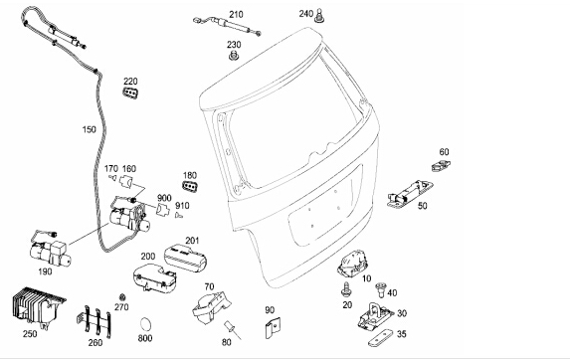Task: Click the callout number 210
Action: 236,15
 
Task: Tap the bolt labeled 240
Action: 319,16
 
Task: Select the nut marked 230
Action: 234,56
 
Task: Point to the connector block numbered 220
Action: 130,92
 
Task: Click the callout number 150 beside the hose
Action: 90,129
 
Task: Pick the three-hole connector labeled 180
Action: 190,186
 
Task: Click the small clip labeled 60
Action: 441,166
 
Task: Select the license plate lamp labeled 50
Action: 410,194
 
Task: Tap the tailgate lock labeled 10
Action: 352,264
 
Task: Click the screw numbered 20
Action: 346,289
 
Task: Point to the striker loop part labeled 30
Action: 375,315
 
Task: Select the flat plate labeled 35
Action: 381,338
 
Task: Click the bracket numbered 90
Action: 273,327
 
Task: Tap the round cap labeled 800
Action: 146,324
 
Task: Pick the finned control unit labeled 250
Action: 39,307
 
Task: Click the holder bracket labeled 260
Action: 95,320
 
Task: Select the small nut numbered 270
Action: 122,296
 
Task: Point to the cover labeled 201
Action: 185,258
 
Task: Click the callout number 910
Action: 182,206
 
